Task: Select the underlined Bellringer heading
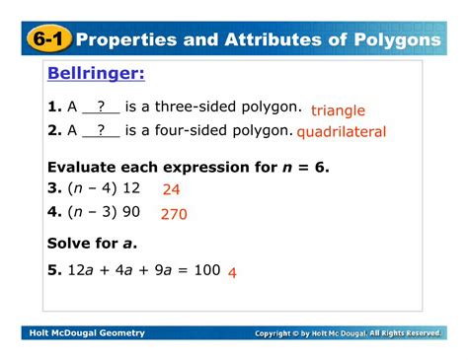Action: point(95,75)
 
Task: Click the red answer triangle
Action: point(338,110)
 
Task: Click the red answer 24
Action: point(171,188)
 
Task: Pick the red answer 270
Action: point(174,213)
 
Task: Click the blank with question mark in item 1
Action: point(101,107)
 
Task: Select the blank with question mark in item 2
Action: point(101,129)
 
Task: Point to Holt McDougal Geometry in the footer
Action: point(86,333)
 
